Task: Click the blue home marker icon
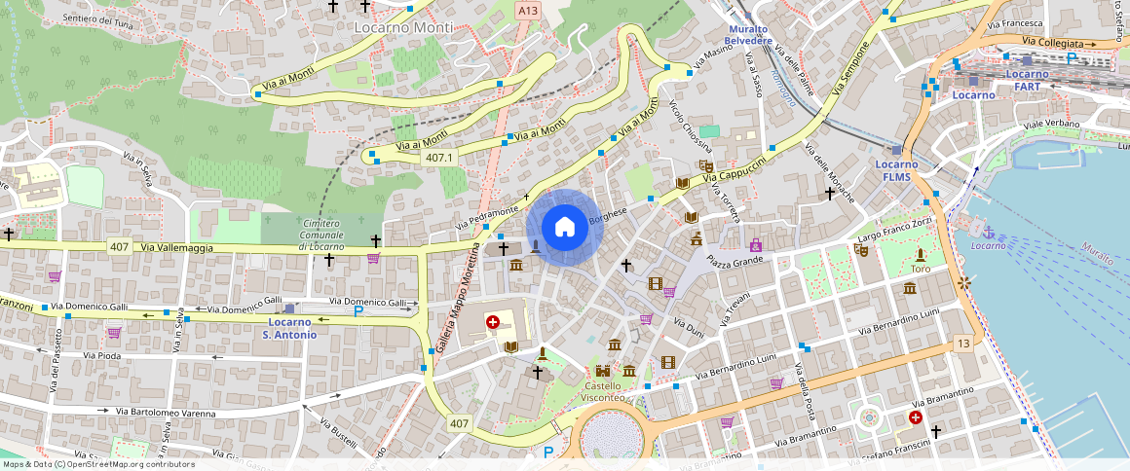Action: point(564,228)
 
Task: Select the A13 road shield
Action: point(527,11)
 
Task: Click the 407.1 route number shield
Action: point(439,158)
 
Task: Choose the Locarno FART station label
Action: point(1027,80)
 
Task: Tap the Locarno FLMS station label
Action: point(896,170)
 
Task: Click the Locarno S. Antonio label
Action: point(290,328)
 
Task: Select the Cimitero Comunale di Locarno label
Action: point(321,235)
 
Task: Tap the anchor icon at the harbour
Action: point(989,232)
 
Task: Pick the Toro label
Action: point(920,268)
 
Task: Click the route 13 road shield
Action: point(962,344)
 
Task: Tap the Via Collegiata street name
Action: point(1053,43)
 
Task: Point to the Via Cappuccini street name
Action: point(736,171)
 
